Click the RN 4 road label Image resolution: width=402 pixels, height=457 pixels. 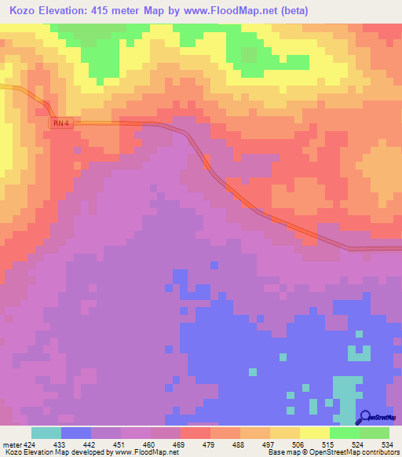pyautogui.click(x=63, y=124)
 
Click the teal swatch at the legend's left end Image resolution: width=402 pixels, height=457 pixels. pyautogui.click(x=46, y=433)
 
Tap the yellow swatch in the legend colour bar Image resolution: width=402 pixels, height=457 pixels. pyautogui.click(x=315, y=433)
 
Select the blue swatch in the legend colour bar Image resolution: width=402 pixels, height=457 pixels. pyautogui.click(x=76, y=433)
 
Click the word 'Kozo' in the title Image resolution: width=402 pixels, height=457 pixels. pyautogui.click(x=24, y=11)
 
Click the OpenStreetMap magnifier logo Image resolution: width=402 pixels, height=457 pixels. pyautogui.click(x=364, y=417)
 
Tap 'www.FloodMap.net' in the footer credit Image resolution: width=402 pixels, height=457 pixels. pyautogui.click(x=149, y=452)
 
